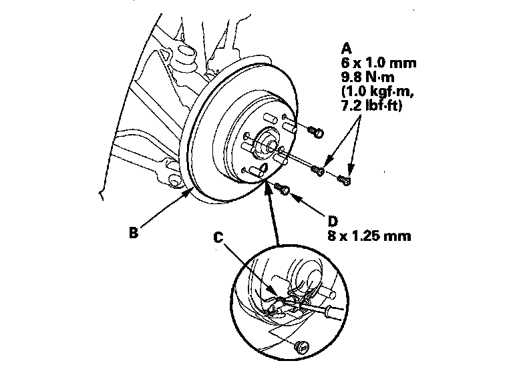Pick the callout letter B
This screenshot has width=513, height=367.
[x=134, y=234]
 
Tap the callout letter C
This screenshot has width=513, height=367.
[x=218, y=236]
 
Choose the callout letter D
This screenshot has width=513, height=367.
[x=333, y=221]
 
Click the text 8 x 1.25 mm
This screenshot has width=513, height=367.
[x=369, y=236]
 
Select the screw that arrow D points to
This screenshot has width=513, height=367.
[x=285, y=191]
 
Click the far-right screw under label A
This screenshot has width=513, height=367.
[x=345, y=179]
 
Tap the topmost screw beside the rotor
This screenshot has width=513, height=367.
[x=317, y=131]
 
